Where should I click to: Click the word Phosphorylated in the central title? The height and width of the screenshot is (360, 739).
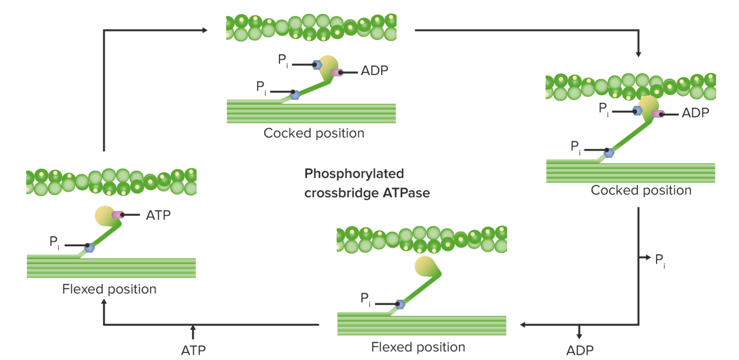point(354,173)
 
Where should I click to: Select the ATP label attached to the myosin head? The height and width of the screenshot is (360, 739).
point(158,215)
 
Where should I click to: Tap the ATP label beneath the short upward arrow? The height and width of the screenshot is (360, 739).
point(193,350)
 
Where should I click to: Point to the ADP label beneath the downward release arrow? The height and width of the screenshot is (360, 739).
point(580,350)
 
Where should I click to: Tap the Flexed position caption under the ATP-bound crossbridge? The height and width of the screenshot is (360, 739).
point(109,289)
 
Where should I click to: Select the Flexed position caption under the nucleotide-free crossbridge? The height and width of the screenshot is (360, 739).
point(418,347)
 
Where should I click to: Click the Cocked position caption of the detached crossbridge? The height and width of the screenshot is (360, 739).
point(314,133)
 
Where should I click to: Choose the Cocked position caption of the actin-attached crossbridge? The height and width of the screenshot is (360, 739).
point(641,190)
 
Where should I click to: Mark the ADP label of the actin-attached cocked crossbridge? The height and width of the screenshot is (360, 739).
point(695,113)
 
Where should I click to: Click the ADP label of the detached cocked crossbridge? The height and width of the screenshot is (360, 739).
point(374,71)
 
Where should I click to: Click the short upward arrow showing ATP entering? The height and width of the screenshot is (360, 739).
point(193,333)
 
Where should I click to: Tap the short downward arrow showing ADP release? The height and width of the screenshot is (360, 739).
point(579,332)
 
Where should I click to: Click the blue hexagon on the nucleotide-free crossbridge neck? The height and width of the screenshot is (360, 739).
point(399,304)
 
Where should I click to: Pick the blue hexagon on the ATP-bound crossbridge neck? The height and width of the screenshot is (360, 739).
point(89,247)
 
